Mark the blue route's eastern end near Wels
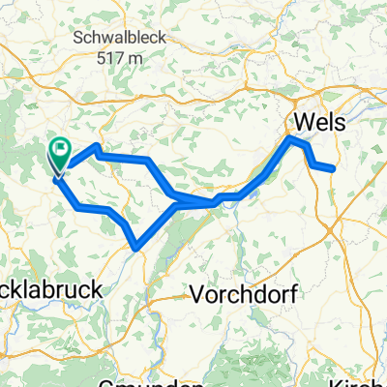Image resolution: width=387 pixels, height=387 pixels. pyautogui.click(x=333, y=169)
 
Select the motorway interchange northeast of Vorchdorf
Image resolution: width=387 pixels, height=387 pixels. pyautogui.click(x=334, y=229)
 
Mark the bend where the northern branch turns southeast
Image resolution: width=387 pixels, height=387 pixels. pyautogui.click(x=146, y=160)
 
